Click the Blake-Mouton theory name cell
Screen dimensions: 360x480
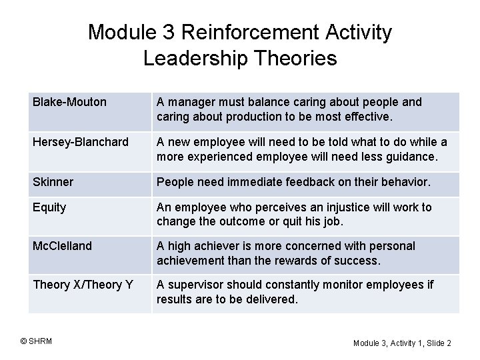(x=69, y=102)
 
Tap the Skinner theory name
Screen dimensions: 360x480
(x=53, y=182)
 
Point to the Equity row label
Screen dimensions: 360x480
(x=49, y=207)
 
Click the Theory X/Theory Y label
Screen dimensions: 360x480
(x=83, y=285)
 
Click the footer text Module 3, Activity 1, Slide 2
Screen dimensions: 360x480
(x=402, y=343)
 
